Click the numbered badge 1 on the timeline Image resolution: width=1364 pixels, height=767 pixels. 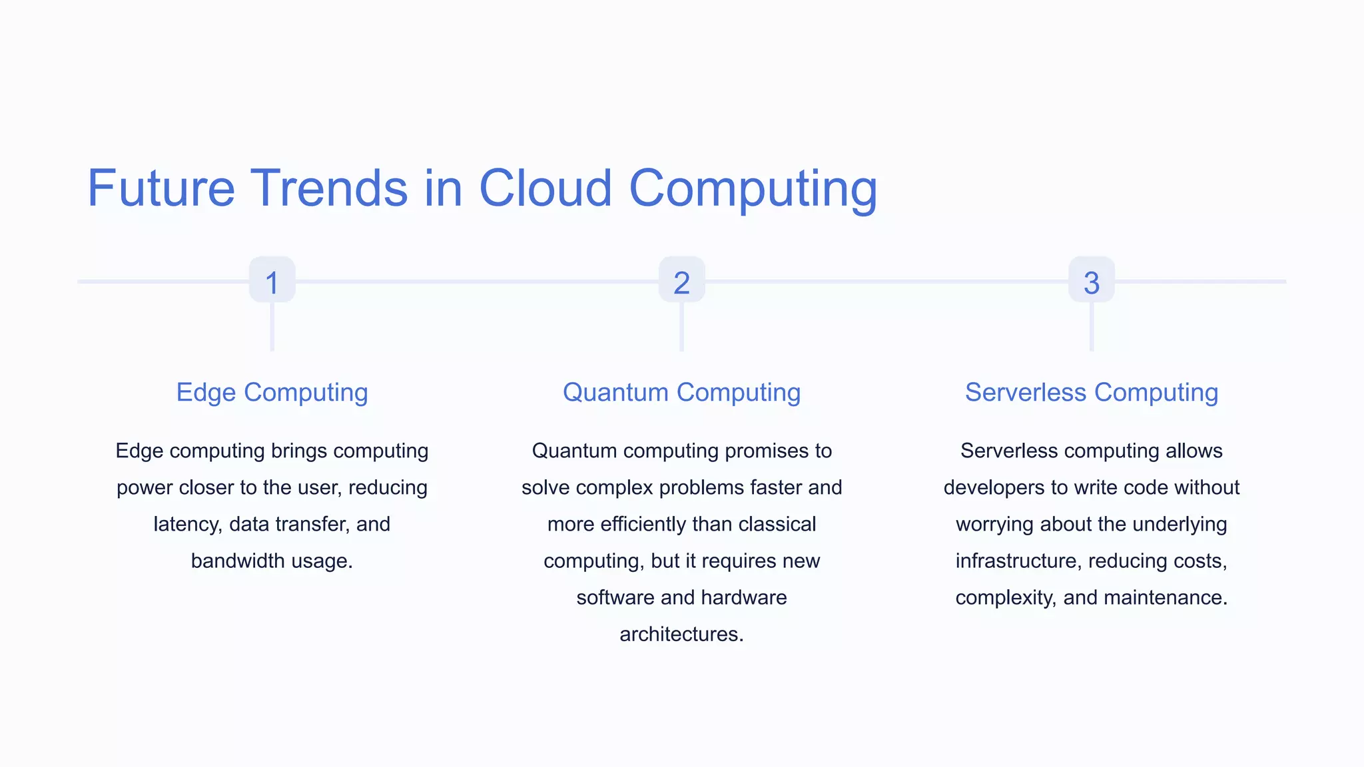point(272,280)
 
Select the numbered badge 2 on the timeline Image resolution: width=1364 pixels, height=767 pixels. point(681,280)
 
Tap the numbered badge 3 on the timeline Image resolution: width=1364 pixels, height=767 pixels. point(1091,280)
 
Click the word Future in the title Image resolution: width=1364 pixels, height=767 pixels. point(161,188)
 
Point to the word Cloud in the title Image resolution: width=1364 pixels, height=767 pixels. point(545,188)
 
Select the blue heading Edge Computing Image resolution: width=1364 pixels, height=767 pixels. point(272,393)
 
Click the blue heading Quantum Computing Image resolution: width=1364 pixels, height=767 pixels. point(681,393)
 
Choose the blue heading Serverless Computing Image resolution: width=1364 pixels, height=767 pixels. point(1091,393)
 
